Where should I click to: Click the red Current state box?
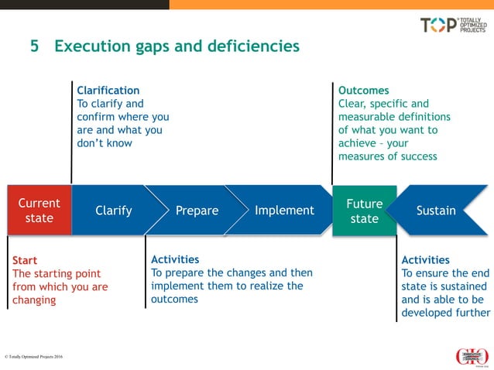[39, 211]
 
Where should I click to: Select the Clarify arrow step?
[113, 211]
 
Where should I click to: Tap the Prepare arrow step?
[197, 211]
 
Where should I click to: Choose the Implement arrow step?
[284, 211]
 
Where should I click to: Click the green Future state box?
[364, 211]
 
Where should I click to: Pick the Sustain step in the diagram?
[436, 211]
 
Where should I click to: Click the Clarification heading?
[108, 91]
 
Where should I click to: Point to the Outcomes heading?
[363, 91]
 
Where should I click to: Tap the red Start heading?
[25, 261]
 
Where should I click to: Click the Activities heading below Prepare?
[175, 260]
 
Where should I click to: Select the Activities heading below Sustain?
[425, 260]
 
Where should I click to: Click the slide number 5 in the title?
[34, 46]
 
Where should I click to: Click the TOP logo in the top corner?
[454, 25]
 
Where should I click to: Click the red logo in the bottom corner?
[472, 356]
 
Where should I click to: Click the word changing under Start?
[33, 300]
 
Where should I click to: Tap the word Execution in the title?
[92, 46]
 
